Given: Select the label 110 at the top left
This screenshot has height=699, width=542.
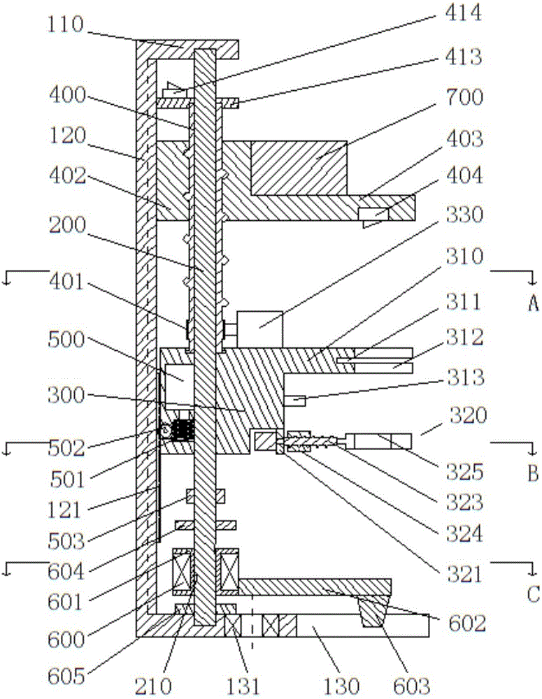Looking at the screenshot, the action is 66,24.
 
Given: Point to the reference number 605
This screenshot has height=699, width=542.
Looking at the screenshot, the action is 66,676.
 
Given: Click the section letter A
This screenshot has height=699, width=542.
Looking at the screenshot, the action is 534,303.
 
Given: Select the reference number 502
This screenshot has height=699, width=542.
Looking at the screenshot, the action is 66,448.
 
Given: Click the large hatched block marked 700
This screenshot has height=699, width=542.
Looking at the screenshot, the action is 299,168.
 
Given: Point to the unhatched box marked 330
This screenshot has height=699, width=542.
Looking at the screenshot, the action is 260,329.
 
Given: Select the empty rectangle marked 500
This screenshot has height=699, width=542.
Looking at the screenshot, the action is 179,387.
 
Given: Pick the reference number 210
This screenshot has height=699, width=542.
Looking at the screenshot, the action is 152,686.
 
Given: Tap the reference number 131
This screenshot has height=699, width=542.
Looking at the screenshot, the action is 243,686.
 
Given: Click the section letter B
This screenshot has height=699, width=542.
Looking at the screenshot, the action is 534,473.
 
